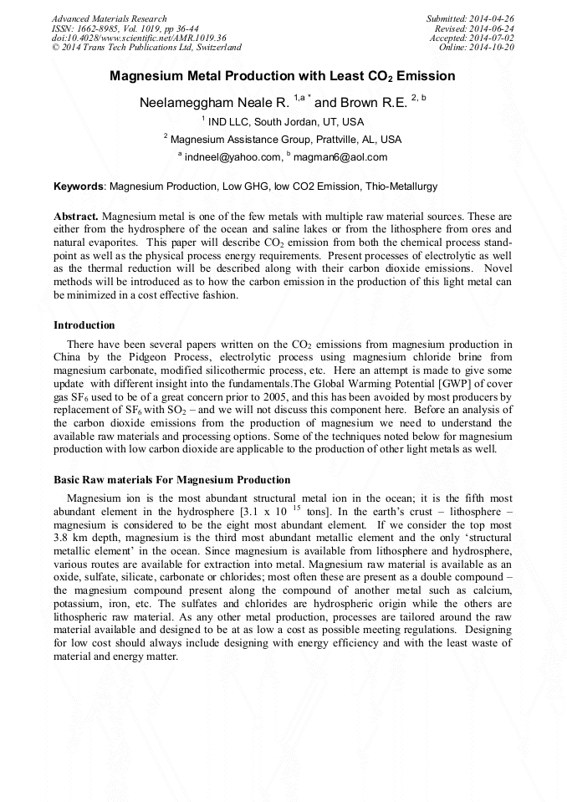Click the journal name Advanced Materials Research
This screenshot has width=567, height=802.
(109, 18)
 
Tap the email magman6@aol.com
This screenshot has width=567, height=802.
(341, 157)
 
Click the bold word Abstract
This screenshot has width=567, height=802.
(75, 216)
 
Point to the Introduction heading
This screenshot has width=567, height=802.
(84, 325)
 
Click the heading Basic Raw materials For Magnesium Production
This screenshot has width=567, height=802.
(171, 480)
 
